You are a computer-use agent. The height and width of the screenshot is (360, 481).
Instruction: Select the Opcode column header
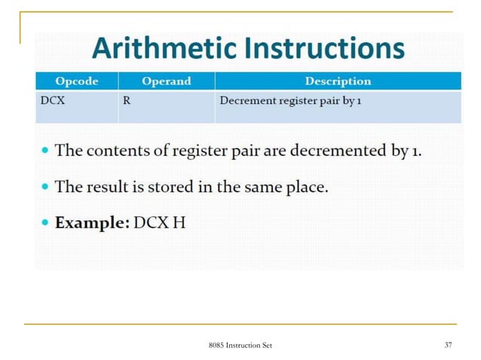(76, 81)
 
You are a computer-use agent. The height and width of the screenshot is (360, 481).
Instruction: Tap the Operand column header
(166, 81)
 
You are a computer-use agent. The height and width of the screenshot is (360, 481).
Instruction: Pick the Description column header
(337, 81)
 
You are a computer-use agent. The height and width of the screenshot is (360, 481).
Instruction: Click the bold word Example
(90, 224)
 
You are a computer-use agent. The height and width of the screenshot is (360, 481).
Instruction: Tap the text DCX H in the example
(159, 224)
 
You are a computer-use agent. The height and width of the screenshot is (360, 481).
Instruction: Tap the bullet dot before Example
(46, 224)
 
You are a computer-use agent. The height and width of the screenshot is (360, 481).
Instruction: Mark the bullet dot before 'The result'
(46, 187)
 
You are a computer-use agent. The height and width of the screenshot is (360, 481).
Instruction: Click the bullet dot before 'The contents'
(46, 151)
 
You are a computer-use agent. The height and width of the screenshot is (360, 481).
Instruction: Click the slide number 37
(449, 345)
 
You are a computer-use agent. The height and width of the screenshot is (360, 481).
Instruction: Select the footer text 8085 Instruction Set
(240, 345)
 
